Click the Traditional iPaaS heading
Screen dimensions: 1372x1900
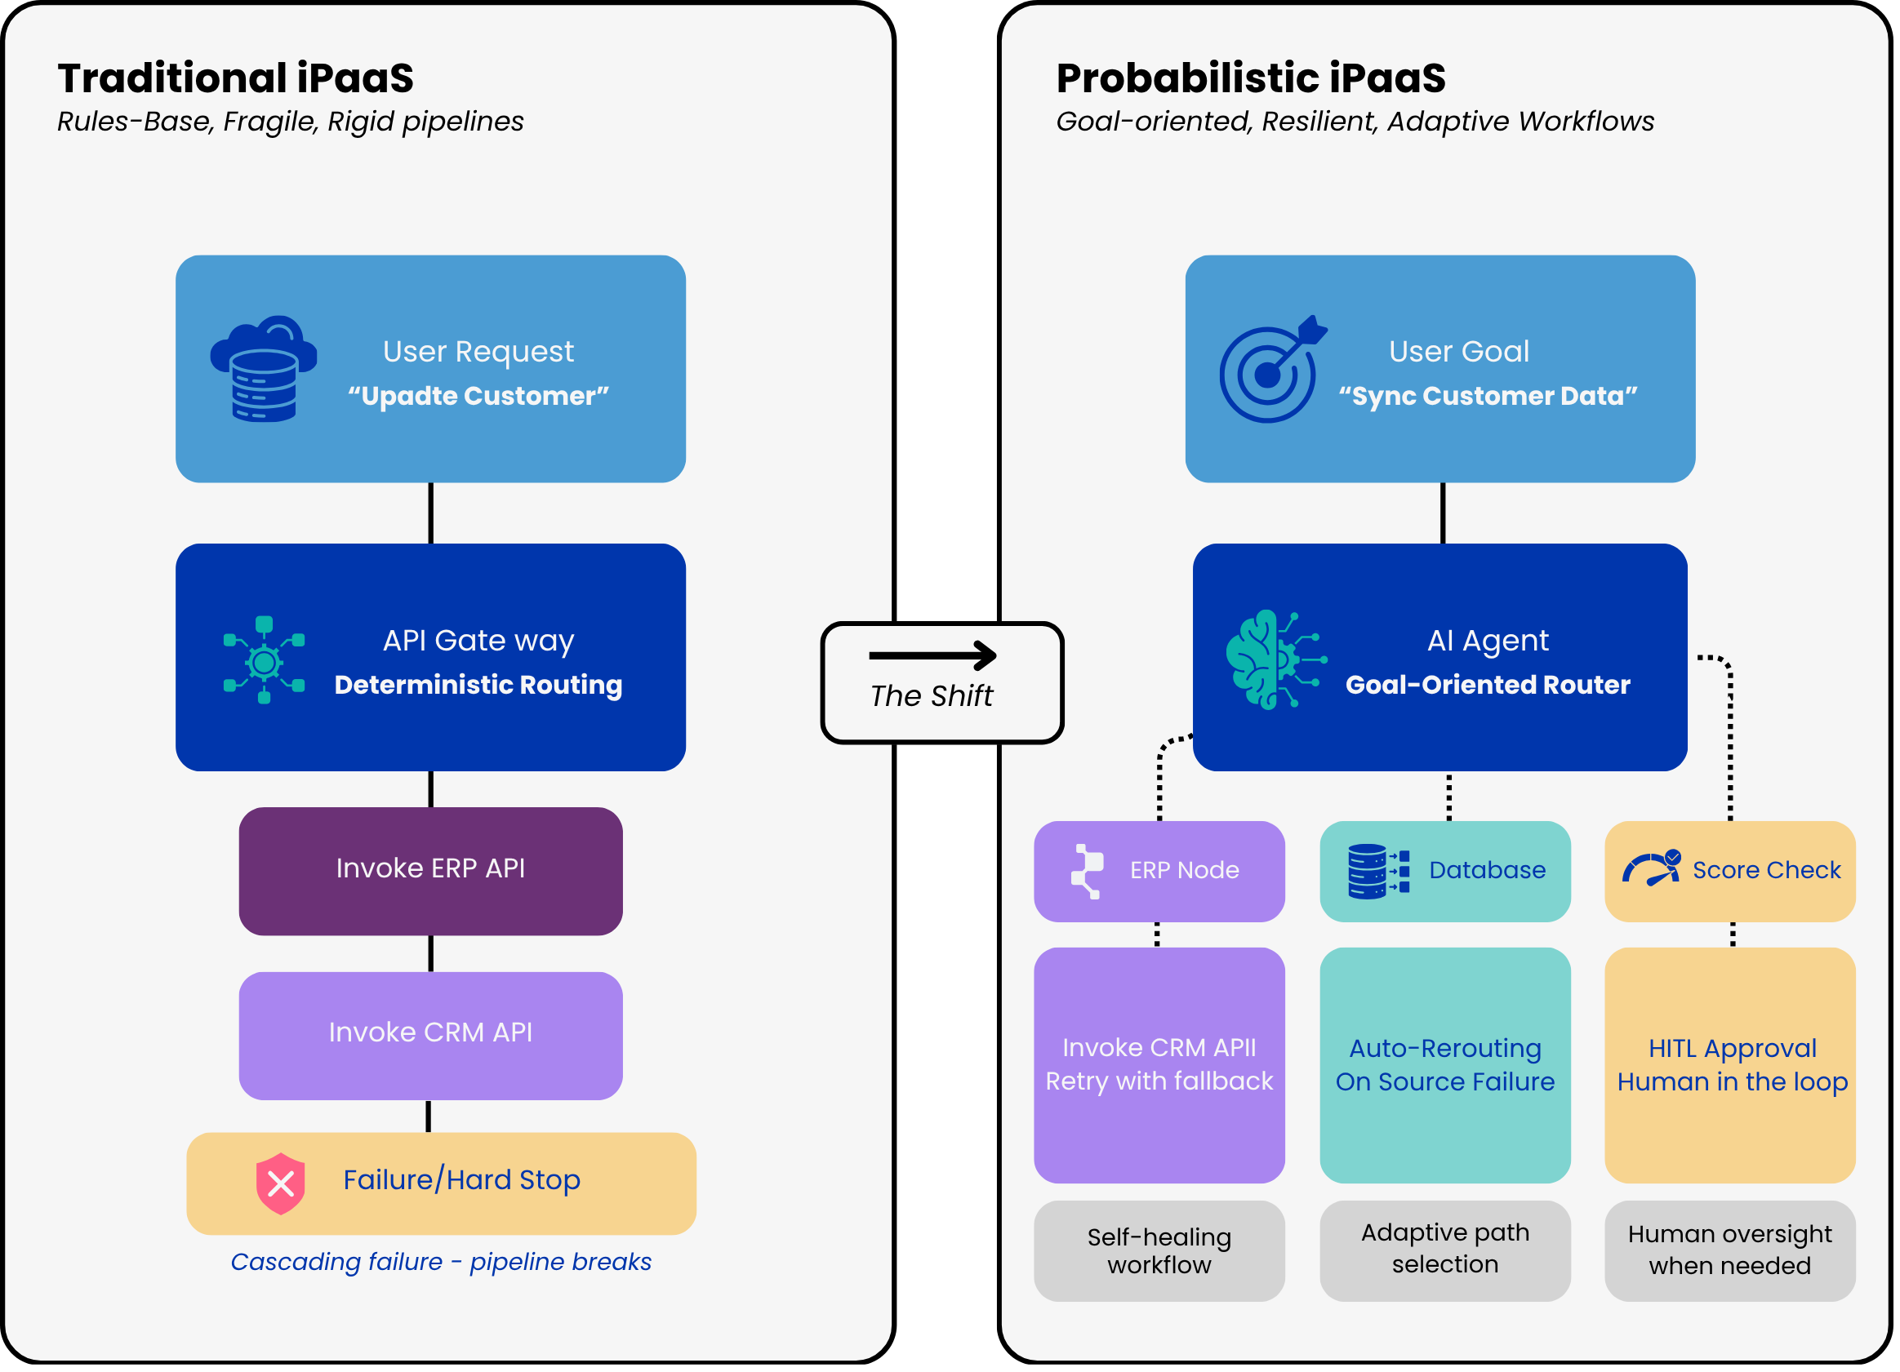[235, 78]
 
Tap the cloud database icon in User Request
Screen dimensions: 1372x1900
[264, 370]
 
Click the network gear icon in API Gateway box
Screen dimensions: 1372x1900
[264, 660]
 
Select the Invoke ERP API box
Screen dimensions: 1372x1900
[430, 871]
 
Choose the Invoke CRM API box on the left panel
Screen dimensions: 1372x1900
[430, 1035]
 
